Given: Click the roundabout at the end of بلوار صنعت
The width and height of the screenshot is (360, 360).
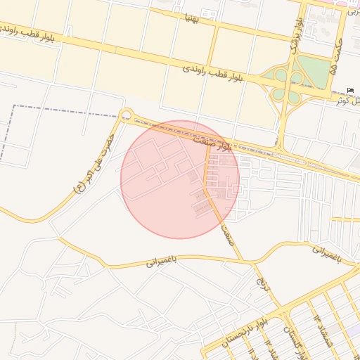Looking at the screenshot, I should [x=127, y=115].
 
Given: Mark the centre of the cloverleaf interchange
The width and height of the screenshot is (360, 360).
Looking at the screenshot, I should [x=288, y=84].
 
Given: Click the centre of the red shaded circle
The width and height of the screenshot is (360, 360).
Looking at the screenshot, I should [x=180, y=179].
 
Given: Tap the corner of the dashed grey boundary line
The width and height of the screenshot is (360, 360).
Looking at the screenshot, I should [x=14, y=106].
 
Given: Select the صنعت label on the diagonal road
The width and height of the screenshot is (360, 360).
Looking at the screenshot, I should [x=226, y=234].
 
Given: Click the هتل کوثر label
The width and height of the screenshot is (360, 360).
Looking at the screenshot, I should [x=347, y=100].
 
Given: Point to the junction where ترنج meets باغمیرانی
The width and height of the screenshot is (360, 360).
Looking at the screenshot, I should [x=249, y=262].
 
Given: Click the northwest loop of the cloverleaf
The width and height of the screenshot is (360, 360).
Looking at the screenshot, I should [x=281, y=74].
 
